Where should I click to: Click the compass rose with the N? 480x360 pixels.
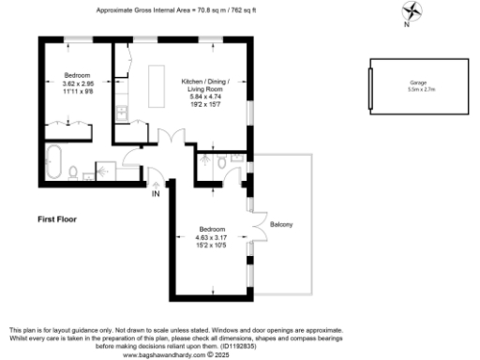point(409,13)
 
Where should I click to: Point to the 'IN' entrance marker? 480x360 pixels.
point(157,194)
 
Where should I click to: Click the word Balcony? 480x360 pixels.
point(282,225)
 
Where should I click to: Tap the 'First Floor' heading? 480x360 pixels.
point(57,219)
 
